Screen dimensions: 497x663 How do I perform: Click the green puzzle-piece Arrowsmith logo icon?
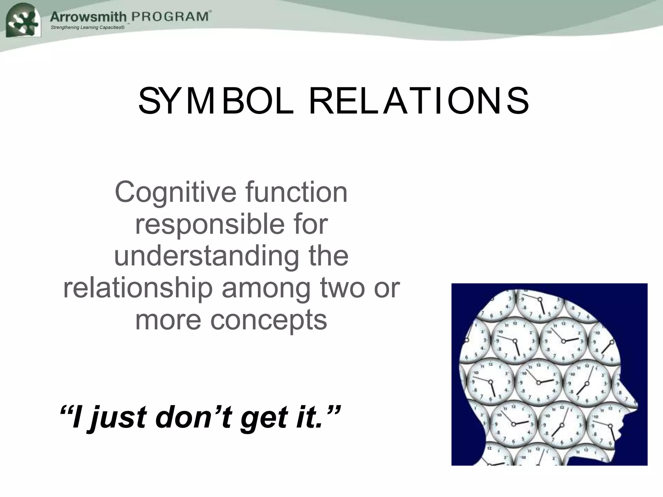click(23, 21)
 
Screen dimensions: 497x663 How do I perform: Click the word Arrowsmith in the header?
click(88, 16)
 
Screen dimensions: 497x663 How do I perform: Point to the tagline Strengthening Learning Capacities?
click(87, 28)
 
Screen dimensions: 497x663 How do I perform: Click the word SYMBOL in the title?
click(216, 101)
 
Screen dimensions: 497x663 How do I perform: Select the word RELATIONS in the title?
click(419, 101)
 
